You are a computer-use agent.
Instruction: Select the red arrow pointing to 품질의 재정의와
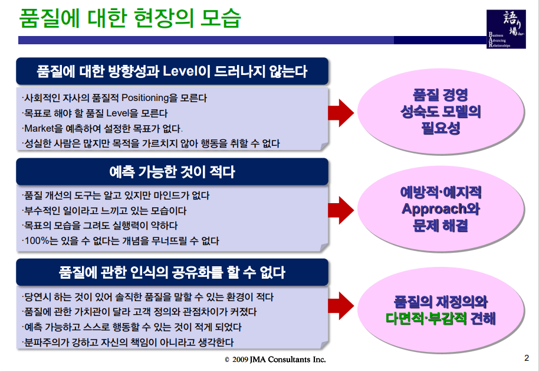coord(340,311)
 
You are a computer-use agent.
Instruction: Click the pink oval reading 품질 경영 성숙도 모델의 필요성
coord(441,111)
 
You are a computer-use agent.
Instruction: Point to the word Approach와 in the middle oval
coord(441,209)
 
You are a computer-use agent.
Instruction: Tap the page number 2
coord(527,358)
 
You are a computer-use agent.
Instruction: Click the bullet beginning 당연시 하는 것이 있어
coord(147,296)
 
